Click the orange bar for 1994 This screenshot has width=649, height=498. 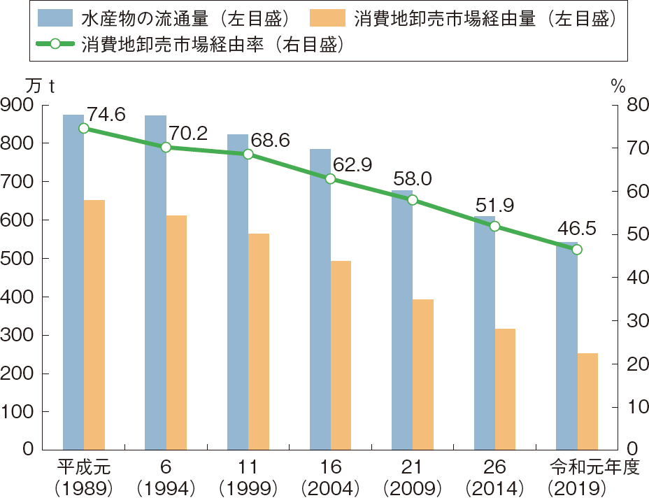click(x=176, y=332)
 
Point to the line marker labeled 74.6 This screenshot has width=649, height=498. click(x=84, y=128)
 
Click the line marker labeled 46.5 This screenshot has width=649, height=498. click(x=577, y=249)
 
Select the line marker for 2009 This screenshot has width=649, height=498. click(x=413, y=200)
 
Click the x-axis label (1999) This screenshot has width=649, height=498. click(x=248, y=486)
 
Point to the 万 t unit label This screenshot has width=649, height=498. click(x=39, y=85)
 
